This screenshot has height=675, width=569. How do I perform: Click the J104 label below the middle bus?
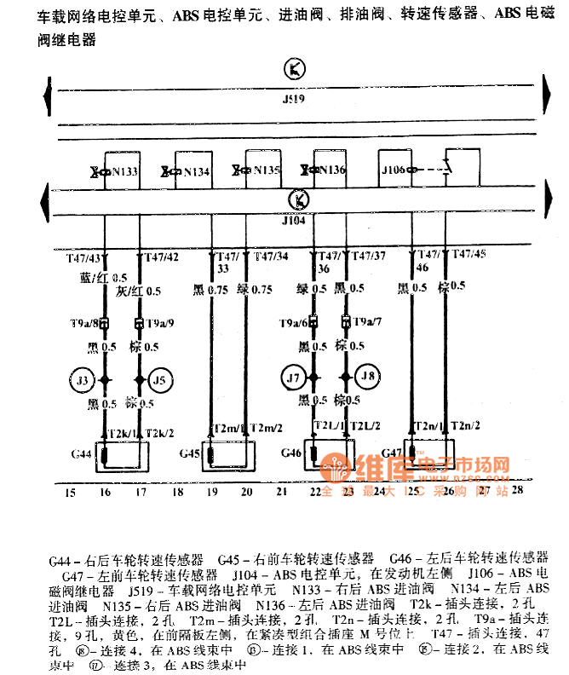(293, 219)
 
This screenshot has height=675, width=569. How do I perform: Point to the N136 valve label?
(333, 170)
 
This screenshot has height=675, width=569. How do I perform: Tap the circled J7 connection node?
(292, 376)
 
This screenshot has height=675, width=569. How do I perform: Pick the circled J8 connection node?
(368, 376)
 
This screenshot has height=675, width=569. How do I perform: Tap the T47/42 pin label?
(161, 256)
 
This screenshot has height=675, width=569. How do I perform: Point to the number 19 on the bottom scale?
(211, 492)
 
